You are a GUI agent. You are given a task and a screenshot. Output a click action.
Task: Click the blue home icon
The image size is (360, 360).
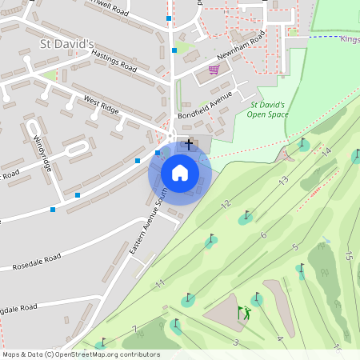coord(179,172)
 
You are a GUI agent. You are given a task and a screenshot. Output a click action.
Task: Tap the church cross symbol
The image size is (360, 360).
coord(189,144)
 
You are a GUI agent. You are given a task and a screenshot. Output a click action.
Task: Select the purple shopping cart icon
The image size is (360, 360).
coord(214,70)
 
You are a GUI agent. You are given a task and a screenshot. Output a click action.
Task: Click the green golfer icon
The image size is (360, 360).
coord(244,313)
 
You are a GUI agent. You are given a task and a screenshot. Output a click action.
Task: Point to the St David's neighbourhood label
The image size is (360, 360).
coord(67,42)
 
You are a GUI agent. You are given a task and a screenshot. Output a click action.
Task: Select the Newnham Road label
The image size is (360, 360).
coord(240,50)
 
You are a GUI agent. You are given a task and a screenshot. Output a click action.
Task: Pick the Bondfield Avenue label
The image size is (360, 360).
coord(205,106)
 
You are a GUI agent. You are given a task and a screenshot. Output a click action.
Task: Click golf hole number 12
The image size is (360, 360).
coord(226,203)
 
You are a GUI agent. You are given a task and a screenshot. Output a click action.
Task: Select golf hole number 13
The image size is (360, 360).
coord(283,181)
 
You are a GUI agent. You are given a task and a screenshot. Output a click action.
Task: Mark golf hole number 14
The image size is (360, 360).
coord(326,151)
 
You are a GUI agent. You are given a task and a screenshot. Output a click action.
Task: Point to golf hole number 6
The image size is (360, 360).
coord(262,234)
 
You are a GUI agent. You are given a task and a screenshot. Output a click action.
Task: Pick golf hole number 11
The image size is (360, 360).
coord(160,283)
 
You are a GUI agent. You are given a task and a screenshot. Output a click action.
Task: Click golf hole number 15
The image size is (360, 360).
coord(348,256)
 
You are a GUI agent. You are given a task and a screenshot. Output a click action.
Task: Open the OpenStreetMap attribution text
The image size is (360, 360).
coord(82,354)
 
